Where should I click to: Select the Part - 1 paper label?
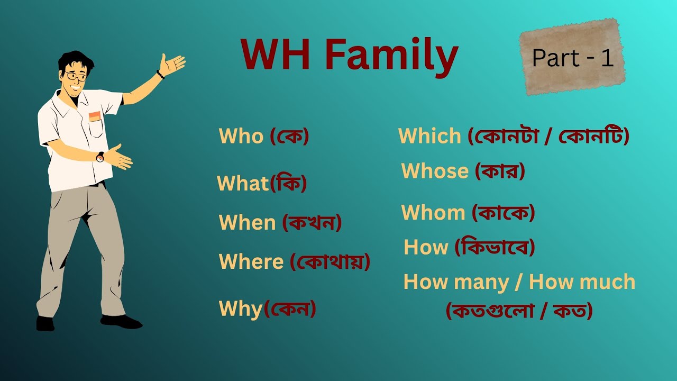click(x=573, y=57)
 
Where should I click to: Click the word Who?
click(x=241, y=137)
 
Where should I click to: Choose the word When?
click(x=247, y=222)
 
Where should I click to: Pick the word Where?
click(x=251, y=261)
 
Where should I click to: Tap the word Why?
click(x=241, y=309)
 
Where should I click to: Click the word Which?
click(x=429, y=137)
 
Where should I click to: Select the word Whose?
click(x=435, y=171)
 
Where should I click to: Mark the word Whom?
click(x=433, y=213)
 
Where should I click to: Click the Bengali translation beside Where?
click(x=330, y=261)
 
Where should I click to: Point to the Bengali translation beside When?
click(x=312, y=222)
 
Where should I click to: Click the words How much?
click(x=582, y=282)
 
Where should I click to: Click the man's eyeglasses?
click(x=77, y=77)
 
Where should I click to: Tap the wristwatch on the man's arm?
click(x=100, y=157)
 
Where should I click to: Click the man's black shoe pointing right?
click(x=122, y=321)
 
